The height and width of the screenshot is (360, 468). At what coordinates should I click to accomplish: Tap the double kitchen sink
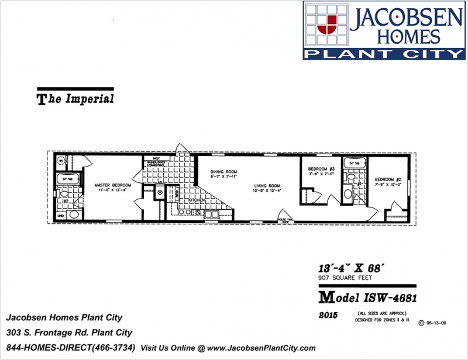[209, 214]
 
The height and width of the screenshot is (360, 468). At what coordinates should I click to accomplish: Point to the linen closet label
[60, 216]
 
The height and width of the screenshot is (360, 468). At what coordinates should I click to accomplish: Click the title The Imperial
[75, 99]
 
